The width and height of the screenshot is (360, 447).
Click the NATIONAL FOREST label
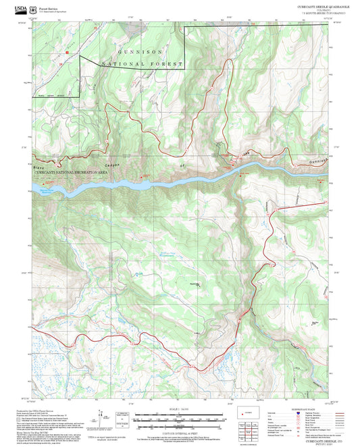click(x=143, y=64)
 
